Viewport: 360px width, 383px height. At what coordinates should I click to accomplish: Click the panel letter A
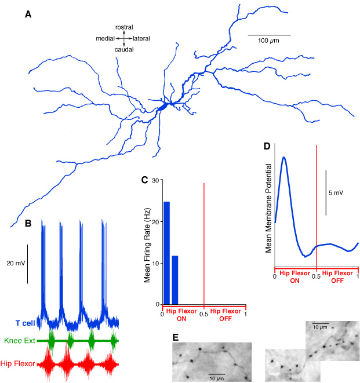pyautogui.click(x=28, y=14)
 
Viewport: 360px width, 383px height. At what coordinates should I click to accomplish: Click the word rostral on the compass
pyautogui.click(x=124, y=27)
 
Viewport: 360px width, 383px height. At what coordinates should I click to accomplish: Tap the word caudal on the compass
pyautogui.click(x=124, y=50)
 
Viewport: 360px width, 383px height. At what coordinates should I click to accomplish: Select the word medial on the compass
pyautogui.click(x=105, y=38)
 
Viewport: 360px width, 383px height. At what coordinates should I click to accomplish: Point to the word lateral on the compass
pyautogui.click(x=141, y=38)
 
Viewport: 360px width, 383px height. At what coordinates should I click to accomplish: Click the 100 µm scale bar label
pyautogui.click(x=268, y=41)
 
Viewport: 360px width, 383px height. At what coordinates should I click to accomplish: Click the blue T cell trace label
pyautogui.click(x=26, y=323)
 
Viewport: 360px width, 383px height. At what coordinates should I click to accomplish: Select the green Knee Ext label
pyautogui.click(x=20, y=341)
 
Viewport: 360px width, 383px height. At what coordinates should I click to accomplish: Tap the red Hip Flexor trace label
pyautogui.click(x=17, y=364)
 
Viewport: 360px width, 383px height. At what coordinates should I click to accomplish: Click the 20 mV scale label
pyautogui.click(x=16, y=263)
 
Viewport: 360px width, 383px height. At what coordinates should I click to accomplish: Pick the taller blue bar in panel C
pyautogui.click(x=166, y=253)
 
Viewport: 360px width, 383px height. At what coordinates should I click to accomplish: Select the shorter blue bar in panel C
pyautogui.click(x=175, y=280)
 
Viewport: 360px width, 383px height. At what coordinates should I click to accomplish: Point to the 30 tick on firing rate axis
pyautogui.click(x=155, y=181)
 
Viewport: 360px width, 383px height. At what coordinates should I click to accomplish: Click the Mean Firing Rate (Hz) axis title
pyautogui.click(x=147, y=245)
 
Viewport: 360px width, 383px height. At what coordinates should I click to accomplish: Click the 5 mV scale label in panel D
pyautogui.click(x=336, y=193)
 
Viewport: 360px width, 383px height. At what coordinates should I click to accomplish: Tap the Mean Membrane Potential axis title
pyautogui.click(x=268, y=208)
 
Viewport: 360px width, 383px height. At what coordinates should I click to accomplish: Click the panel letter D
pyautogui.click(x=267, y=147)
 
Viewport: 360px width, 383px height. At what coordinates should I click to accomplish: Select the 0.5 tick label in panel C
pyautogui.click(x=204, y=314)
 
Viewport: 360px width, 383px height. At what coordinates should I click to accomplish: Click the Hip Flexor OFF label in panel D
pyautogui.click(x=337, y=277)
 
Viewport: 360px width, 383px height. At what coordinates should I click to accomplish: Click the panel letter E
pyautogui.click(x=176, y=338)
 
